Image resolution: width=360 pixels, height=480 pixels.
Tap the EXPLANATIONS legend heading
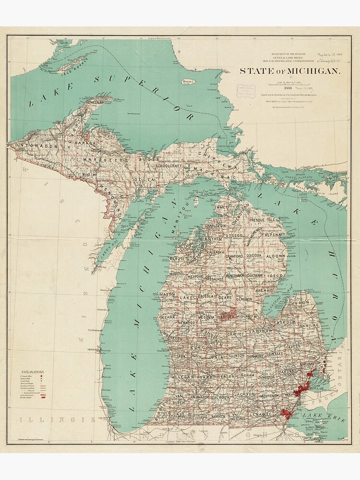pyautogui.click(x=32, y=372)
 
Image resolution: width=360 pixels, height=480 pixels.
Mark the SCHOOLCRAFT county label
pyautogui.click(x=167, y=166)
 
